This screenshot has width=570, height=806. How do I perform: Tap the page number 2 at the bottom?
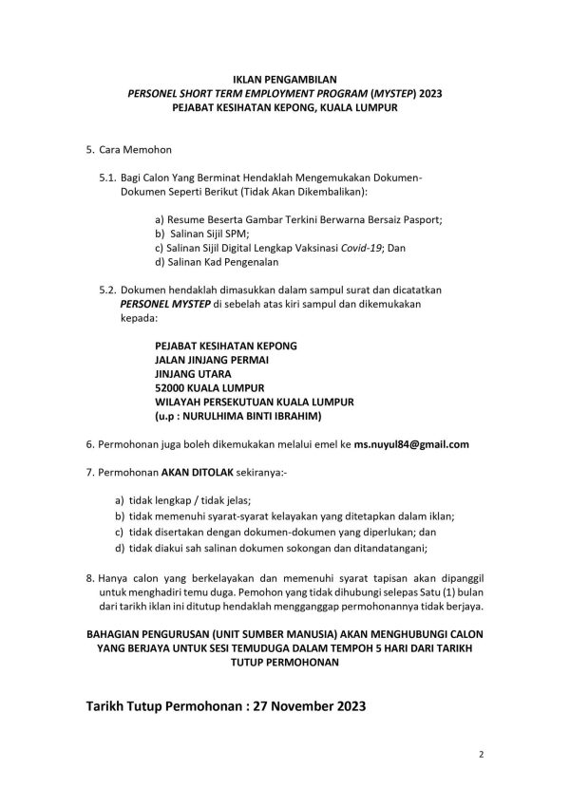[x=482, y=757]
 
